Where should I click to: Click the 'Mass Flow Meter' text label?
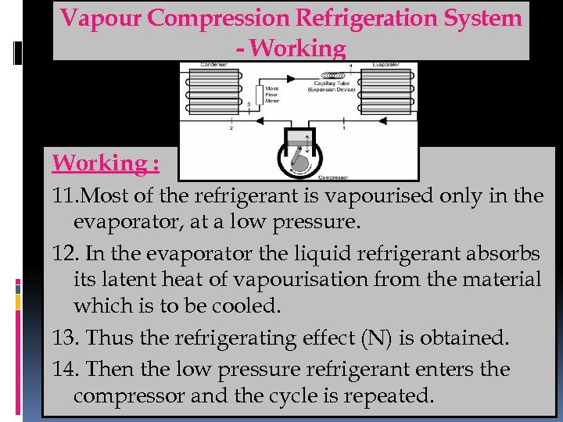[x=272, y=95]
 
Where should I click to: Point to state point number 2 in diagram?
[x=231, y=127]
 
